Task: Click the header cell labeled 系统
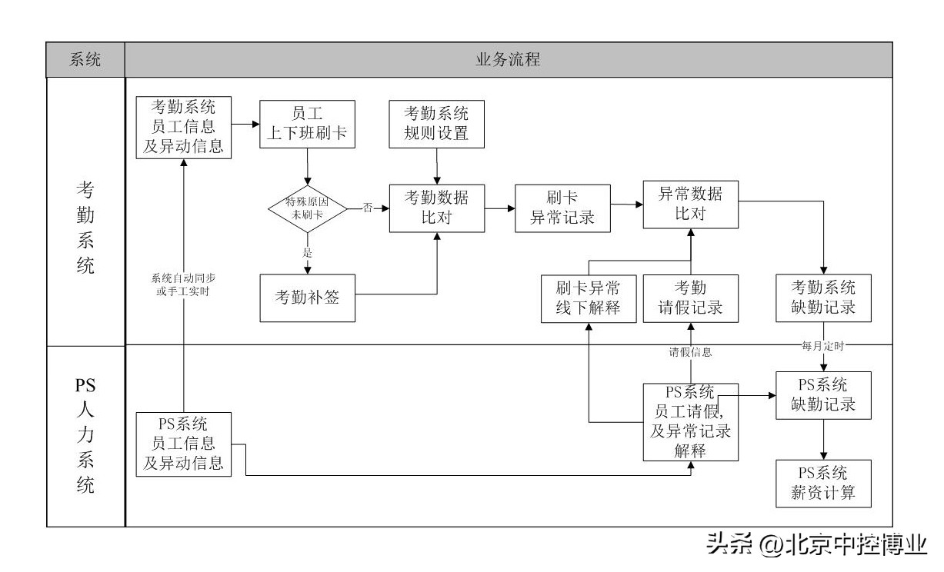click(85, 60)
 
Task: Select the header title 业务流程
click(508, 60)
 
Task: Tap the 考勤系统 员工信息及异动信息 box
click(183, 127)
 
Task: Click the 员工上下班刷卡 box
click(307, 123)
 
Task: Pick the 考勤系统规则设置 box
click(437, 123)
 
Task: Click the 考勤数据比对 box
click(437, 207)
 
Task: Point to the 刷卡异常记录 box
click(562, 207)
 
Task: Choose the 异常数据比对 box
click(691, 203)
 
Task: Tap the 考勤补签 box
click(307, 298)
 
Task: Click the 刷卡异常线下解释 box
click(589, 298)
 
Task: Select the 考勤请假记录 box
click(691, 298)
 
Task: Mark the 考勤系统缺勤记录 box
click(823, 298)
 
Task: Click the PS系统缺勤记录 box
click(823, 394)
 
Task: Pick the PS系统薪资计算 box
click(823, 483)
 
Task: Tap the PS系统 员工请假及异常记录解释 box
click(691, 421)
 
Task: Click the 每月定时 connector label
click(823, 347)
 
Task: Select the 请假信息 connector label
click(689, 353)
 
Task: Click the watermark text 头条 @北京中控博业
click(816, 545)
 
